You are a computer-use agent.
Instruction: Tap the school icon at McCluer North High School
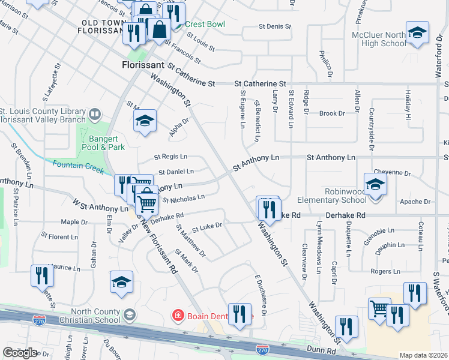[x=417, y=34]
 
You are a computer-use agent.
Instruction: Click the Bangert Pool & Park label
[x=104, y=142]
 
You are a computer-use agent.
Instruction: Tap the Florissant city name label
[x=143, y=64]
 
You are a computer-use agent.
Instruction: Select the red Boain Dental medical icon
[x=177, y=314]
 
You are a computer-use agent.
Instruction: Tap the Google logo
[x=20, y=353]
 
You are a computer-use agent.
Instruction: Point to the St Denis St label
[x=274, y=27]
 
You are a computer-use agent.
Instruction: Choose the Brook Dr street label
[x=333, y=113]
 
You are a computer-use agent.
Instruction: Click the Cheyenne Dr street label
[x=391, y=173]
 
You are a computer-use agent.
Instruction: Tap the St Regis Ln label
[x=170, y=157]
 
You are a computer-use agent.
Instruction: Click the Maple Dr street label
[x=74, y=222]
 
